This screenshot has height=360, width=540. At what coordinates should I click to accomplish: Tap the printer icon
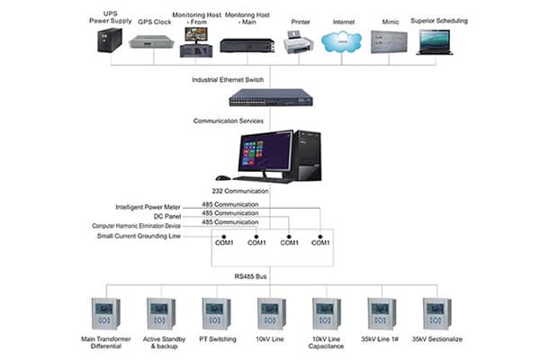coord(300,41)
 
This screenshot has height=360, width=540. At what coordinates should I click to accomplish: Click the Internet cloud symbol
coord(344,40)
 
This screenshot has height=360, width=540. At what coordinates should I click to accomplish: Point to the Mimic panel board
coord(389,41)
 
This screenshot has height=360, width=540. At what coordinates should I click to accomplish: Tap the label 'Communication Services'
coord(229,120)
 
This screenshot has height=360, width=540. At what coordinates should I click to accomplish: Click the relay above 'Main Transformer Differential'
coord(107,313)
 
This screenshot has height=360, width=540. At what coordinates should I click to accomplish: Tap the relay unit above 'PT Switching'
coord(214,313)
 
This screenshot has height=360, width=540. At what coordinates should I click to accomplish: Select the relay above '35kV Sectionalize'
coord(436,313)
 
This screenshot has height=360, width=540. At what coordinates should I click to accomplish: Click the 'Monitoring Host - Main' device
coord(246,43)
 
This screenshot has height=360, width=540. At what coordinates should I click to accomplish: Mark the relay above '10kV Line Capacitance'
coord(325,313)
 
